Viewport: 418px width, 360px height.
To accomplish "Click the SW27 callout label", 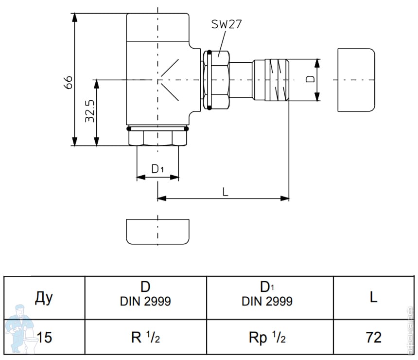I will pos(226,25).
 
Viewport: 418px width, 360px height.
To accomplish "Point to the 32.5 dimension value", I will pos(89,112).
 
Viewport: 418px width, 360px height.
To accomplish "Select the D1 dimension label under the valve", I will pos(157,169).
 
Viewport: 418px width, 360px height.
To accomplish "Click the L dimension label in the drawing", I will pos(225,191).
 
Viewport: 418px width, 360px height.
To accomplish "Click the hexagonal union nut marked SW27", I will pos(217,80).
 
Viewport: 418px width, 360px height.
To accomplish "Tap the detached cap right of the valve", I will pos(356,80).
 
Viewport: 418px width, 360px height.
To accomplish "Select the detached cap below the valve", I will pos(157,231).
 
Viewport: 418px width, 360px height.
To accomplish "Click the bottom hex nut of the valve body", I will pos(157,139).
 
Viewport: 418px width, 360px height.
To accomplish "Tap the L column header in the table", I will pos(373,297).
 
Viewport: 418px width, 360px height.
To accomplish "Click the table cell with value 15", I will pos(44,337).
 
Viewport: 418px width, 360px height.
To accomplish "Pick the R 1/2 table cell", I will pos(145,337).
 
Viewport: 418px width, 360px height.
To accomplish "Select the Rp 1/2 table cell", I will pos(267,337).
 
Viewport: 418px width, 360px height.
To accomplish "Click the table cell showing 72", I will pos(373,337).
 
